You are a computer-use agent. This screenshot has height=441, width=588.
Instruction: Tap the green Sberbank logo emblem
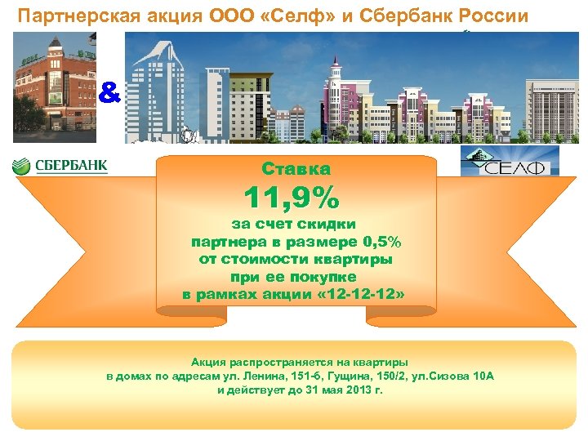point(21,167)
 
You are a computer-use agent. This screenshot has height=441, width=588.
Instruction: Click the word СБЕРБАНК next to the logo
point(71,167)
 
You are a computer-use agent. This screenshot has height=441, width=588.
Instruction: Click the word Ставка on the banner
point(296,169)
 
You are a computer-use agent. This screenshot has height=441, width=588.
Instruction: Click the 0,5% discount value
point(385,243)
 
